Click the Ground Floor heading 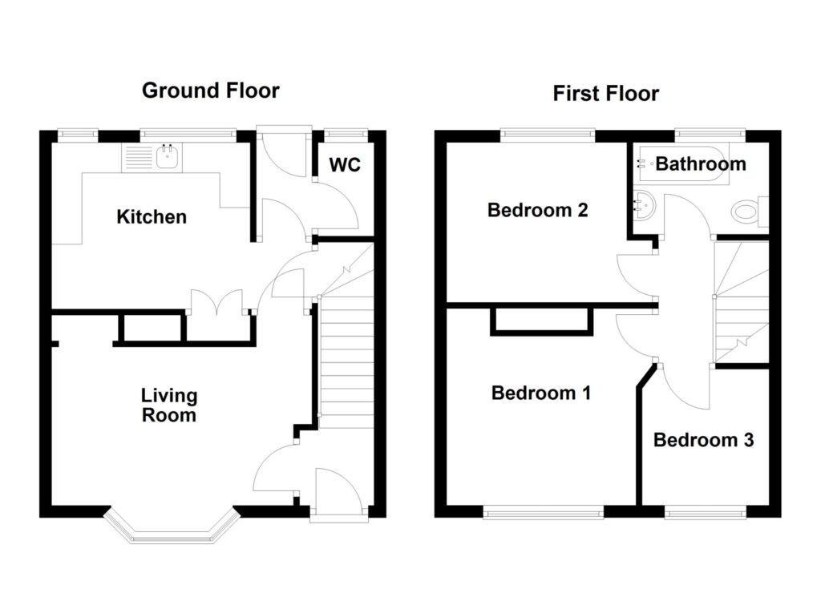tap(211, 90)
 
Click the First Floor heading tap(605, 94)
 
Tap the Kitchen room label tap(152, 216)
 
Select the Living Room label tap(168, 405)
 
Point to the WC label tap(345, 166)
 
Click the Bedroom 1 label tap(541, 393)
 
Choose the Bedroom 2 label tap(538, 211)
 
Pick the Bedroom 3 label tap(703, 440)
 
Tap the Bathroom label tap(701, 164)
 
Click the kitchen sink tap(168, 158)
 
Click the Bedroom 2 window tap(548, 134)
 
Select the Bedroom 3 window tap(706, 510)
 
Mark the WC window tap(345, 134)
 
